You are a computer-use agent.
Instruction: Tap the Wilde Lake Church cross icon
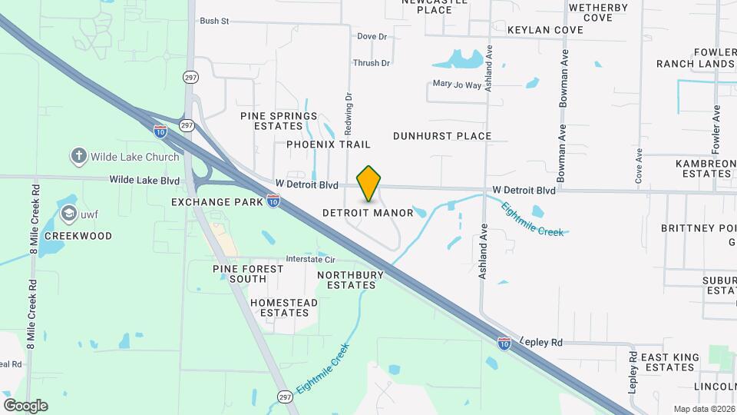tap(78, 157)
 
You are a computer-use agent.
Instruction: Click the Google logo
tap(25, 406)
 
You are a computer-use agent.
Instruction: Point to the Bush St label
tap(214, 21)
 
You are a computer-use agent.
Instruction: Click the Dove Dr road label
tap(372, 36)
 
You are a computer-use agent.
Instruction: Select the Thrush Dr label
tap(372, 63)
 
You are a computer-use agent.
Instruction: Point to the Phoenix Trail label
tap(329, 144)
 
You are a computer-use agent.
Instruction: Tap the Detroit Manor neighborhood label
tap(368, 212)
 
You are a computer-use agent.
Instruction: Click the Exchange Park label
tap(217, 202)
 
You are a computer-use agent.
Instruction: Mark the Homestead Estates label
tap(284, 307)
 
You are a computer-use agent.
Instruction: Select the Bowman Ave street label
tap(563, 154)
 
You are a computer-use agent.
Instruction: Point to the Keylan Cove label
tap(545, 30)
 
